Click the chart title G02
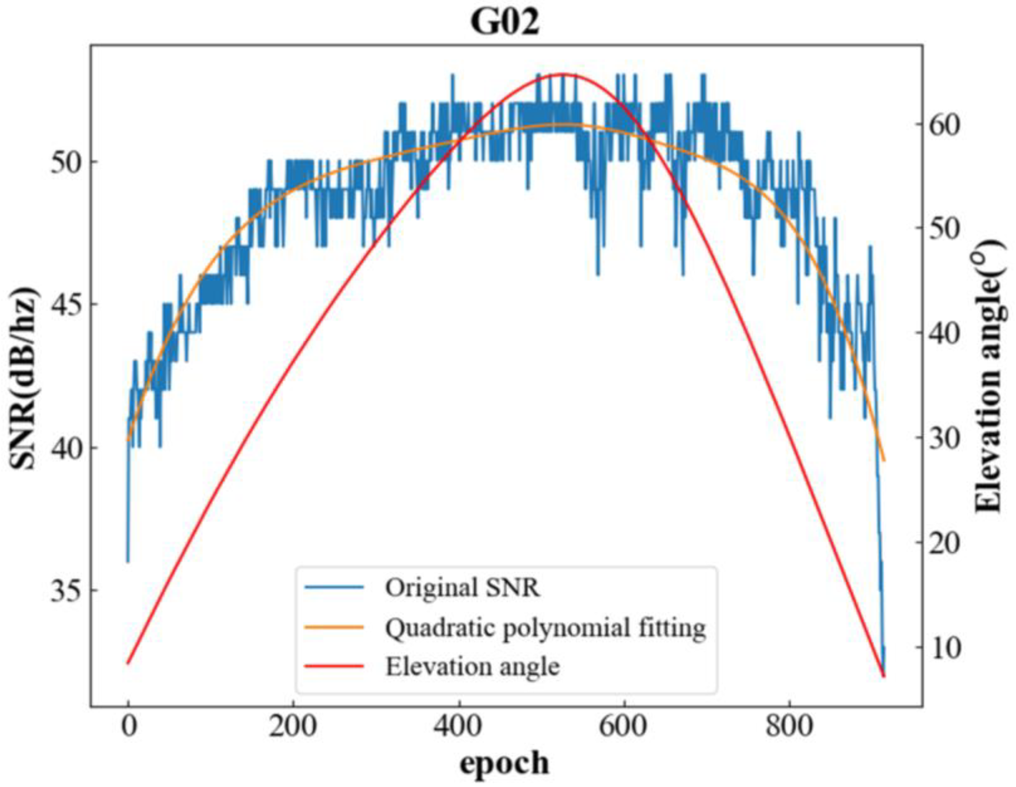(505, 22)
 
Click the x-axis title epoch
(504, 763)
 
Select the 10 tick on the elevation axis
(944, 647)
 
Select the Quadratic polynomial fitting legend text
(545, 628)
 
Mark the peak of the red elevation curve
(563, 74)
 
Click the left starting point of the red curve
(129, 663)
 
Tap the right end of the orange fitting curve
(884, 461)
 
